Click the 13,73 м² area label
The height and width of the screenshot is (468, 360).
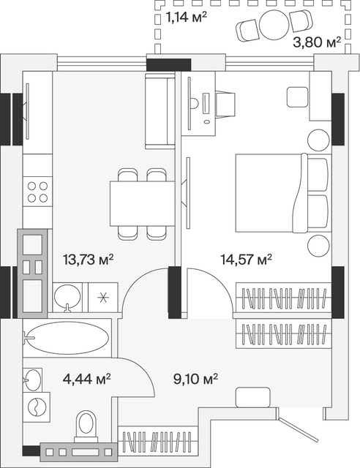click(x=88, y=259)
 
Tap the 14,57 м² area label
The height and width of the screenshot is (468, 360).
click(x=246, y=259)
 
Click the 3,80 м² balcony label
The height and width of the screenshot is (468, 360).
click(x=317, y=42)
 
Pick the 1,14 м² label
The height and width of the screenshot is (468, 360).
click(x=186, y=18)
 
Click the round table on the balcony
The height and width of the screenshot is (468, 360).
click(x=274, y=24)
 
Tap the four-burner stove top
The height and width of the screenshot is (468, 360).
click(x=37, y=192)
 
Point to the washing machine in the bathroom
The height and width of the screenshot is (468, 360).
click(x=37, y=407)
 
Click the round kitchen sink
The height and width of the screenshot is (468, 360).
click(x=67, y=297)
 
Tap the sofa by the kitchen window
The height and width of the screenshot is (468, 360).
click(x=160, y=110)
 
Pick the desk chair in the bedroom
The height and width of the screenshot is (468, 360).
click(x=225, y=105)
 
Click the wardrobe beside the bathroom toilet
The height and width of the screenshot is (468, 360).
click(x=158, y=444)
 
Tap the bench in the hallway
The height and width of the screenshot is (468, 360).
click(x=252, y=397)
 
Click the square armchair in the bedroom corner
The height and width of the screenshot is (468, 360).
click(x=297, y=97)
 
